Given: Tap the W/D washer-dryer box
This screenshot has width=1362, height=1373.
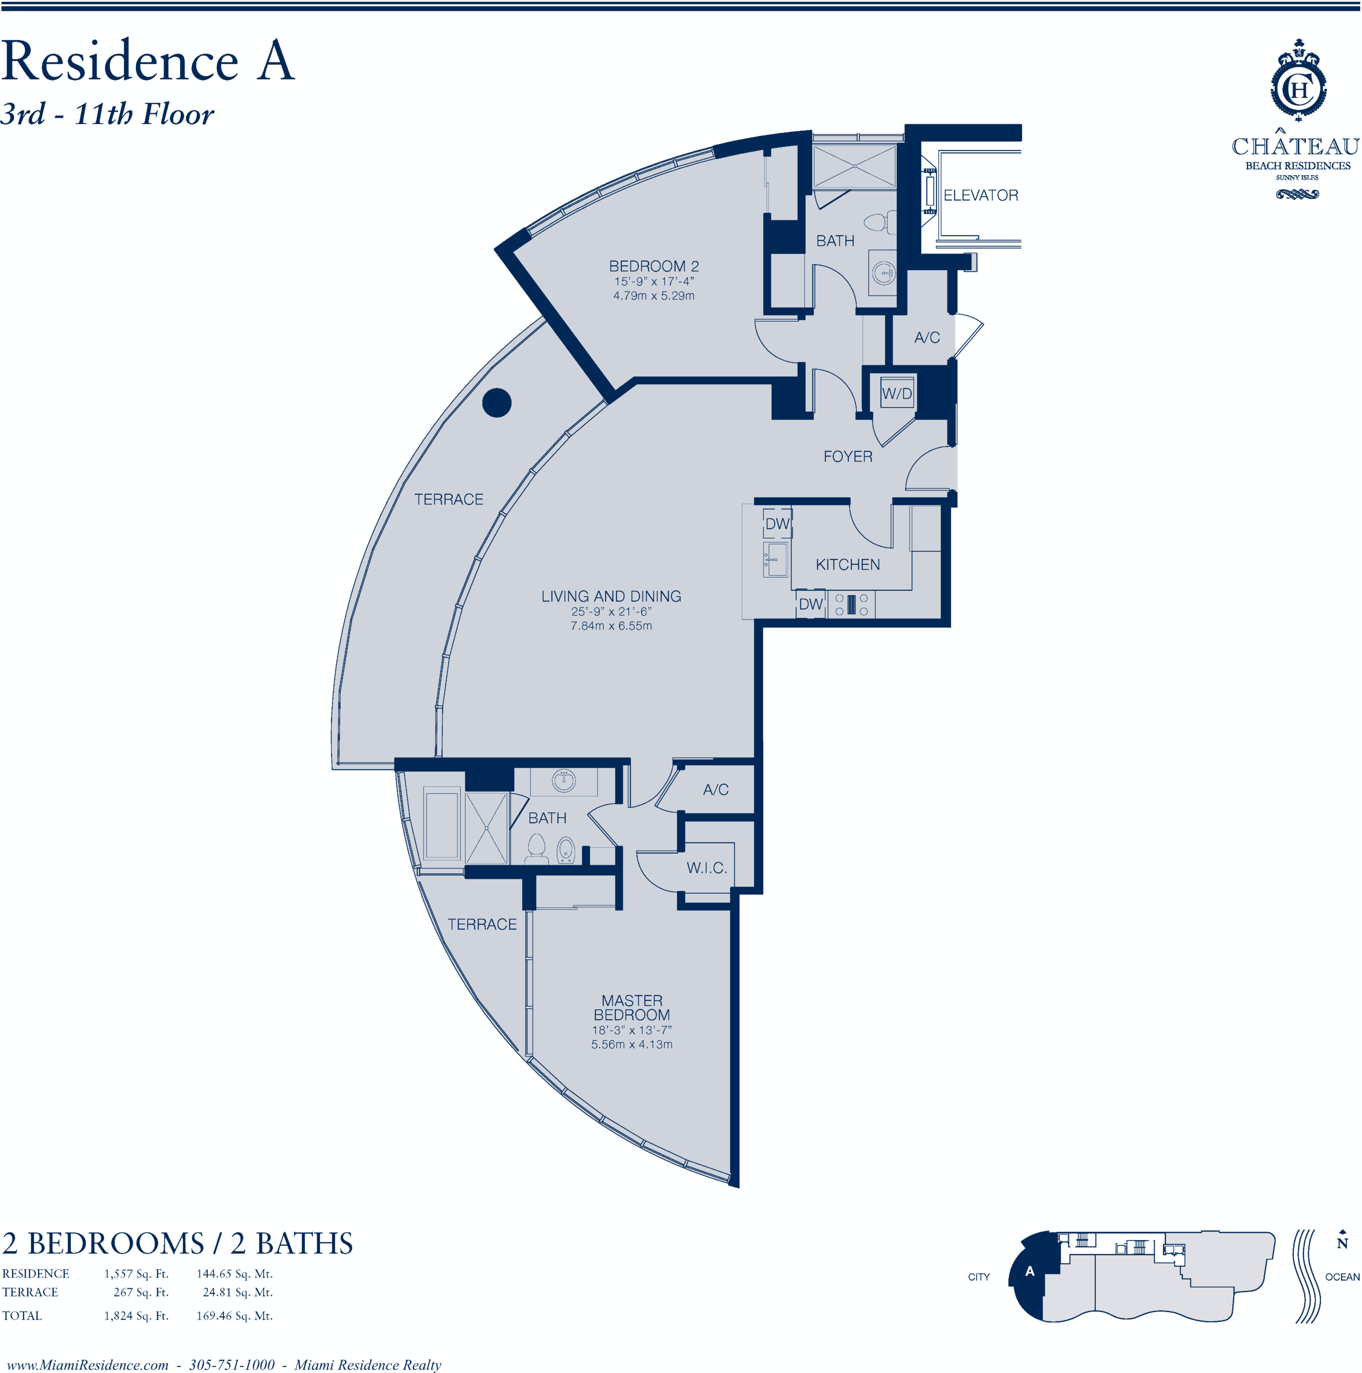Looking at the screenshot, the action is [x=897, y=393].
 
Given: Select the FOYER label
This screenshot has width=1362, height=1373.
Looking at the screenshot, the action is [x=848, y=456].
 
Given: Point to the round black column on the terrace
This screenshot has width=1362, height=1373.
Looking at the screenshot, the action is [x=497, y=403].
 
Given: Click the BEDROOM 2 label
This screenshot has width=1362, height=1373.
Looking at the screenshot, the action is [x=654, y=266].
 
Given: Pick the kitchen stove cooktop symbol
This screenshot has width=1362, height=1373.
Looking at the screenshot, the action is [x=850, y=604].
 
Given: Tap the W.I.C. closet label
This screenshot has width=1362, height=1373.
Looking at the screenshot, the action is [x=706, y=868].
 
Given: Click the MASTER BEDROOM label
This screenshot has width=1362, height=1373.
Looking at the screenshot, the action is [x=631, y=1008].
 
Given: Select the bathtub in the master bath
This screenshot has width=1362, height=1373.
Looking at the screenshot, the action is [x=442, y=823].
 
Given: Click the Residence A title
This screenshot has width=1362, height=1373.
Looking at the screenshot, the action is [x=148, y=61].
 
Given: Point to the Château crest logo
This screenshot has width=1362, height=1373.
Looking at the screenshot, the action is [x=1299, y=80].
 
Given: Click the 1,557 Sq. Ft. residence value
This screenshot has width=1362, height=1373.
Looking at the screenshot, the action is [x=136, y=1273].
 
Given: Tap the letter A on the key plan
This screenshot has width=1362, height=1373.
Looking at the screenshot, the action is [x=1029, y=1271].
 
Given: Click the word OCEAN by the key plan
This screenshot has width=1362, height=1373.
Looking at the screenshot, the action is [x=1342, y=1276].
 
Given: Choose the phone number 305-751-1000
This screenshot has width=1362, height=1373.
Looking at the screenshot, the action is [x=231, y=1364].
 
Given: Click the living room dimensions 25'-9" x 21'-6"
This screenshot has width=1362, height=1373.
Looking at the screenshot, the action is [x=611, y=611].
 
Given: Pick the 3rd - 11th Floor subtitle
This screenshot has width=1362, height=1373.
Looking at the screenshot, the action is [x=107, y=114].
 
